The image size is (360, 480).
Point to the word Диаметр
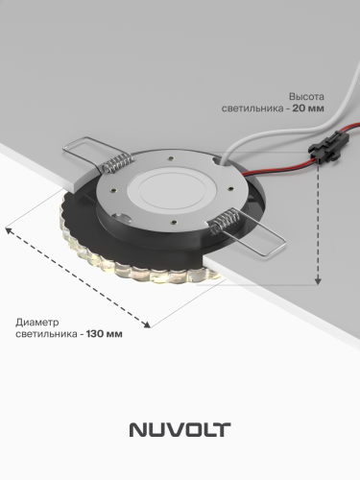39,322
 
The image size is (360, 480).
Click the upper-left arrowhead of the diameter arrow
11,229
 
